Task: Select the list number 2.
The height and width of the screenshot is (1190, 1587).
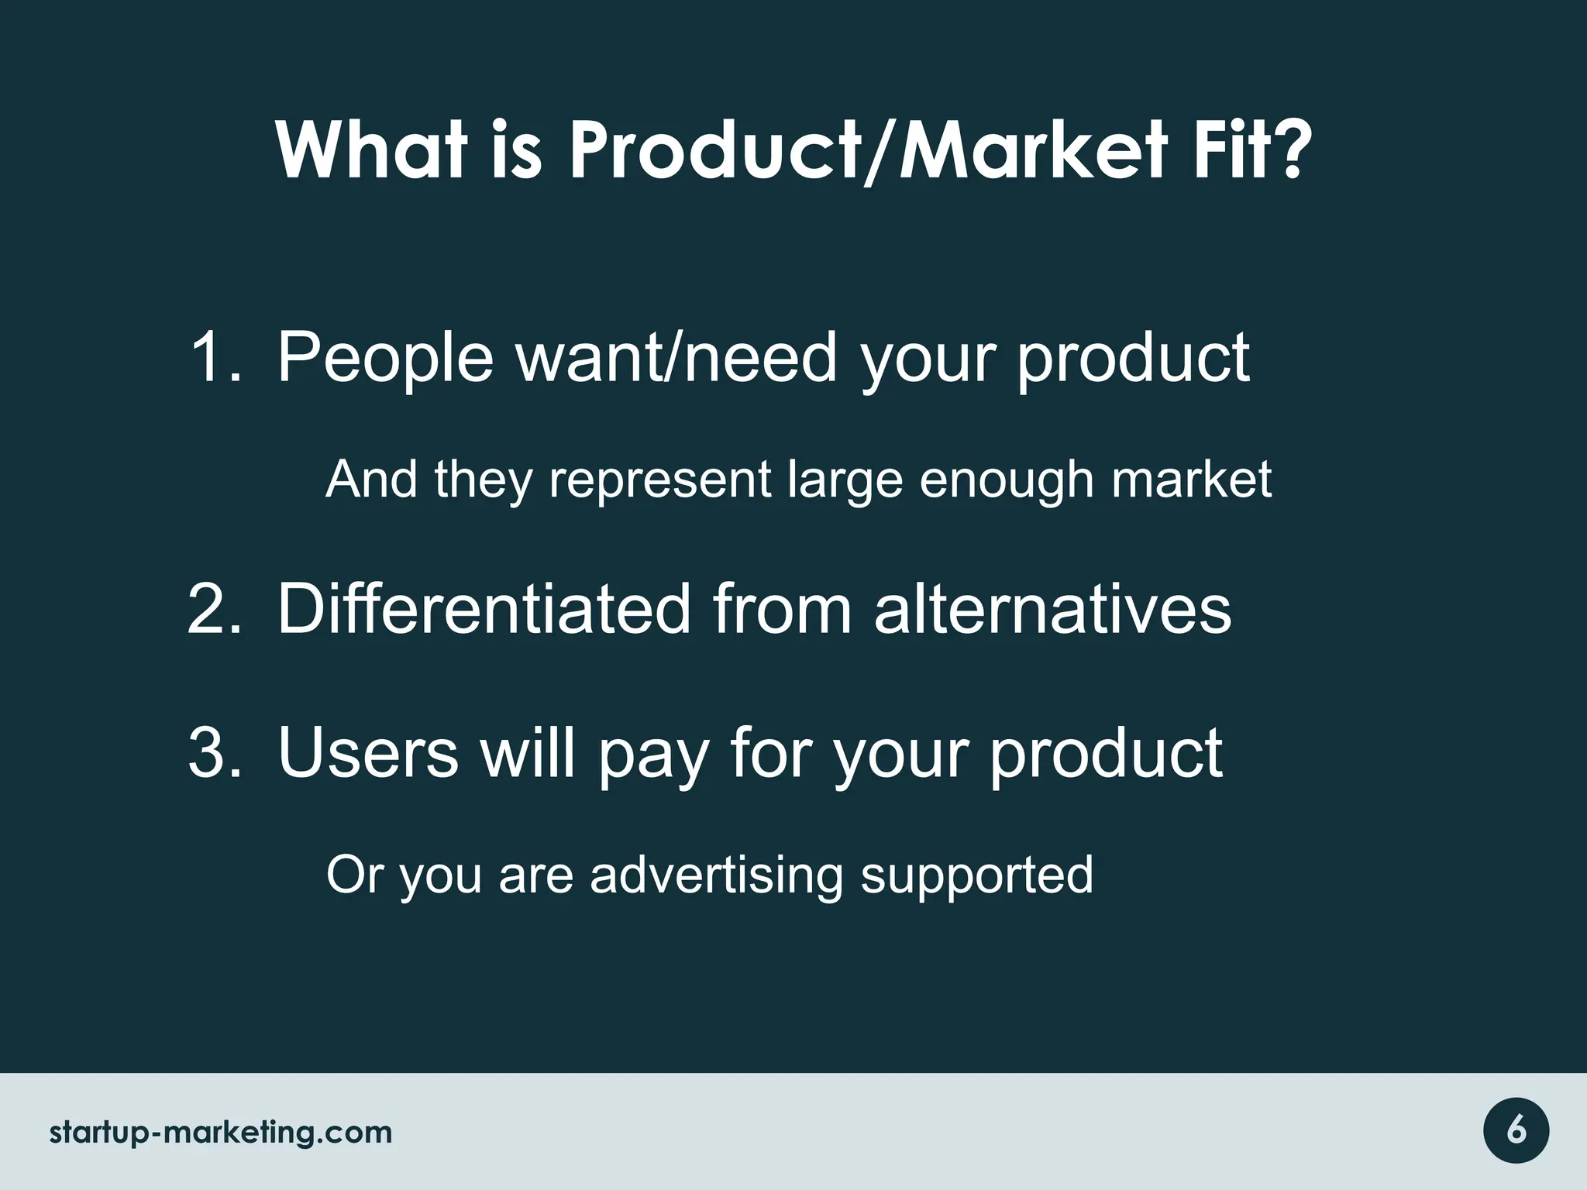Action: pos(214,610)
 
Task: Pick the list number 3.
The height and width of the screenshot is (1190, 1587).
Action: pos(214,753)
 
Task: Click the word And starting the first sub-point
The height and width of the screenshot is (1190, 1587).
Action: pos(371,480)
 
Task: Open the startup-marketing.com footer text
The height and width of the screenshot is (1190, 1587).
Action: pos(221,1133)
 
